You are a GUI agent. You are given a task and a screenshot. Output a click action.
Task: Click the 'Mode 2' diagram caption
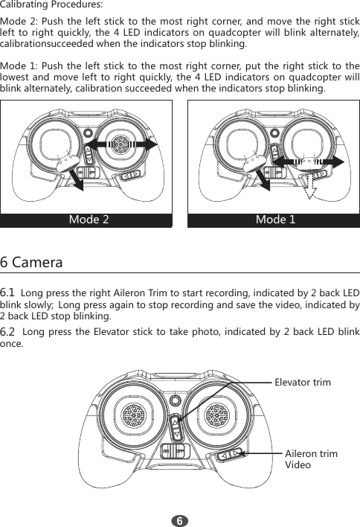coord(89,220)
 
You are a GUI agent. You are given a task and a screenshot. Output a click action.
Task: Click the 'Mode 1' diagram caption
coord(275,220)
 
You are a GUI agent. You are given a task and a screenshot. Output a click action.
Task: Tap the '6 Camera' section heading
coord(31,263)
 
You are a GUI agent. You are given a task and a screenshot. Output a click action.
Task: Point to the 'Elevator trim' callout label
coord(303,382)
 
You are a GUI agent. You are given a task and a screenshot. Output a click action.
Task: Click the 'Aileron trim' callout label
coord(311,453)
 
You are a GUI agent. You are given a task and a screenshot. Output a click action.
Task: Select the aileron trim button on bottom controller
coord(228,453)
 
